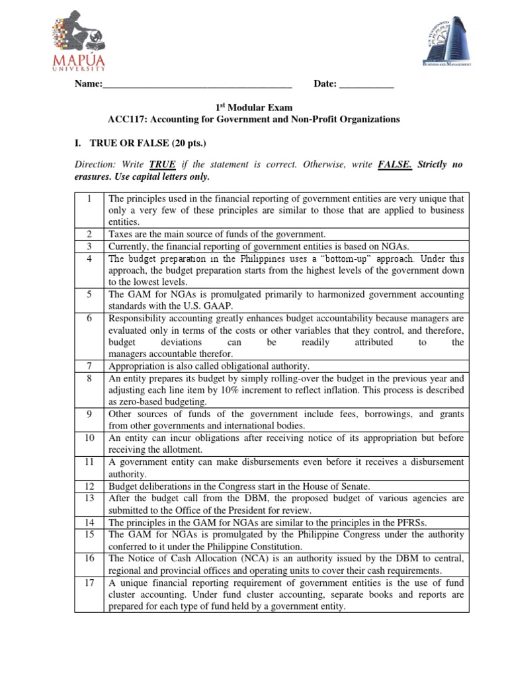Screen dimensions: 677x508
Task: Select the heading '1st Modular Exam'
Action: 254,107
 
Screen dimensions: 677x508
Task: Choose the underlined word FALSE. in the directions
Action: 395,165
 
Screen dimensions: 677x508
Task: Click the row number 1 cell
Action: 88,198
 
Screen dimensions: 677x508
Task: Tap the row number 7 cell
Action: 88,366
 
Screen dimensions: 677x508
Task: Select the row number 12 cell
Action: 88,486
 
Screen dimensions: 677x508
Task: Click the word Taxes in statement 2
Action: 121,234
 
